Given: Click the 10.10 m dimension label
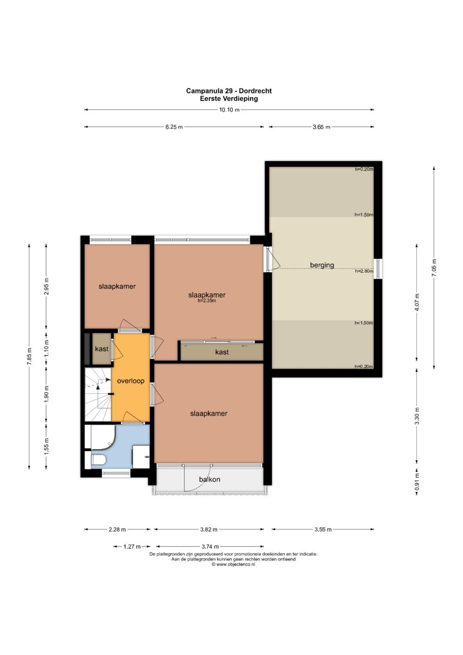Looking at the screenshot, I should click(x=229, y=110).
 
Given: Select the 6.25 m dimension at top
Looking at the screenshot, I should click(x=174, y=127).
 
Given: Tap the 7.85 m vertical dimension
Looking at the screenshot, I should click(x=29, y=356).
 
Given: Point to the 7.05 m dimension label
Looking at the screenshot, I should click(x=434, y=268).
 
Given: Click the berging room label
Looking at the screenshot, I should click(x=322, y=265).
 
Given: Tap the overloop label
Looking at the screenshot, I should click(x=131, y=381).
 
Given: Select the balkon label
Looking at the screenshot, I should click(x=210, y=479).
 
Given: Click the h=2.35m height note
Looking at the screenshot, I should click(x=207, y=301).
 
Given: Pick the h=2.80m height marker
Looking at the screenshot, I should click(x=364, y=271).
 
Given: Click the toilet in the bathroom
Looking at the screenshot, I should click(x=98, y=460).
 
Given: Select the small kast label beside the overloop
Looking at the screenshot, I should click(x=102, y=349).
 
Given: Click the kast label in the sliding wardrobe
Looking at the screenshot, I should click(x=222, y=352).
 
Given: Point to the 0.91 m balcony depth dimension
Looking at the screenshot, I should click(x=417, y=482).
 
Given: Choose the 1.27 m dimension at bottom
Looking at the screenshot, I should click(x=132, y=546).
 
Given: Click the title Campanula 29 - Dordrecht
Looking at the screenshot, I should click(x=228, y=91).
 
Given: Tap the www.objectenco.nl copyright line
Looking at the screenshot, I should click(x=233, y=564).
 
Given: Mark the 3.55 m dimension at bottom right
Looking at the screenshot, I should click(x=323, y=529).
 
